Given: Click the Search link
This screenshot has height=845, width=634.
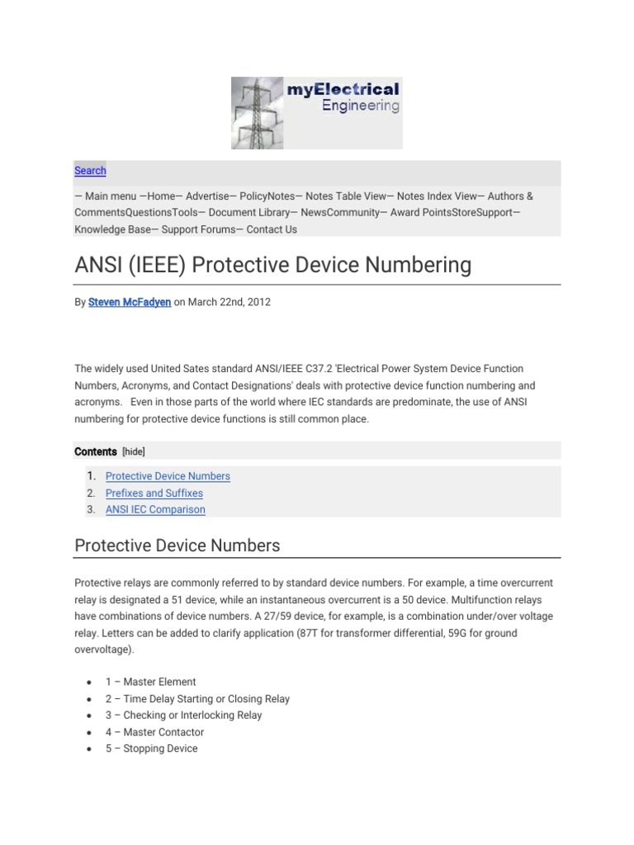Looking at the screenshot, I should coord(90,171).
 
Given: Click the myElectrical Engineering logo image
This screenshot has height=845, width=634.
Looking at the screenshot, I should coord(316,113).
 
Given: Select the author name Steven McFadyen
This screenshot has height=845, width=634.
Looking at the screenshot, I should coord(130,302).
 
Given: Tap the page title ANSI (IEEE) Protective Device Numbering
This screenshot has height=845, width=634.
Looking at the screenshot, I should coord(273,265).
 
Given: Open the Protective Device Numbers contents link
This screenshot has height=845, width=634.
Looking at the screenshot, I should coord(168,476).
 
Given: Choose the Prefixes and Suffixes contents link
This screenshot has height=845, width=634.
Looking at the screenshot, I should coord(154,493).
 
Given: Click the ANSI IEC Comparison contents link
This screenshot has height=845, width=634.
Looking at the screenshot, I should coord(155,509).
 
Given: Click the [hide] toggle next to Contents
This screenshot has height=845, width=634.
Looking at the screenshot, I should coord(134,451).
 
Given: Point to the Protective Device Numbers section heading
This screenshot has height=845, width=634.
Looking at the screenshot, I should coord(177,545).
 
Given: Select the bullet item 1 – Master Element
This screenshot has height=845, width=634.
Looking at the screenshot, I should coord(150,682).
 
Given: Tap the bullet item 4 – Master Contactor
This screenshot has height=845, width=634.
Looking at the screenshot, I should coord(154,732).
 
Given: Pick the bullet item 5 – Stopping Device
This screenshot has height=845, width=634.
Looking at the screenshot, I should coord(151,748).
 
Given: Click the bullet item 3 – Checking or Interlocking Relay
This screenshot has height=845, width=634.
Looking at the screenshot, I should coord(183,715).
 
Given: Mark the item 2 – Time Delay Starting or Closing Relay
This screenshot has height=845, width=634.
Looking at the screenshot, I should coord(197,698).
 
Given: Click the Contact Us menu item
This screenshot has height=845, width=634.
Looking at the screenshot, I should coord(272,229).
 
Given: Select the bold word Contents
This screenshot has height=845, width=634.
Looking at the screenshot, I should coord(96,451).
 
